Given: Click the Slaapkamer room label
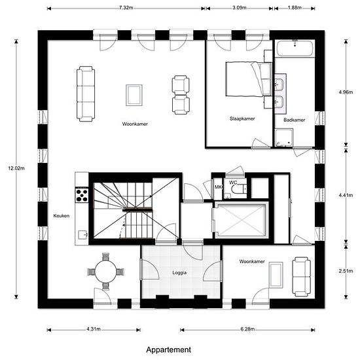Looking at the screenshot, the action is [x=242, y=118].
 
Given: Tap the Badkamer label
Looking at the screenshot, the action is [x=295, y=120].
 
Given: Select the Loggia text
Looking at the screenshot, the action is [x=179, y=273].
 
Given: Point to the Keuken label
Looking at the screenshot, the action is [x=62, y=216].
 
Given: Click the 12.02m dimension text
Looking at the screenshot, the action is [x=16, y=168].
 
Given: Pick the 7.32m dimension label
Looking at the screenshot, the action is [x=126, y=8].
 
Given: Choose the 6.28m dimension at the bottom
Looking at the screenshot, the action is [x=247, y=329].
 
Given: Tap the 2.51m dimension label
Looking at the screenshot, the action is [x=346, y=271].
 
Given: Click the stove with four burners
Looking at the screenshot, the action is [x=82, y=196].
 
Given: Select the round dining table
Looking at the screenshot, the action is [x=106, y=272].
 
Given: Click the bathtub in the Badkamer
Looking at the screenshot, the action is [x=295, y=48].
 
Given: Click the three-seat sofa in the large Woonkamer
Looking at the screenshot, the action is [x=86, y=94].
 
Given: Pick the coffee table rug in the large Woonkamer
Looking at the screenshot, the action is [x=134, y=95].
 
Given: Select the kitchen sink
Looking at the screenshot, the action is [x=83, y=234].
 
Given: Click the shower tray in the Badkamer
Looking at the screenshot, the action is [x=284, y=137].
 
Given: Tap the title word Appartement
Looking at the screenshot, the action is [x=168, y=350].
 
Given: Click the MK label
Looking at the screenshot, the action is [x=218, y=187].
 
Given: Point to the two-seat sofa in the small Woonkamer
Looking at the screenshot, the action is [x=301, y=277].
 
